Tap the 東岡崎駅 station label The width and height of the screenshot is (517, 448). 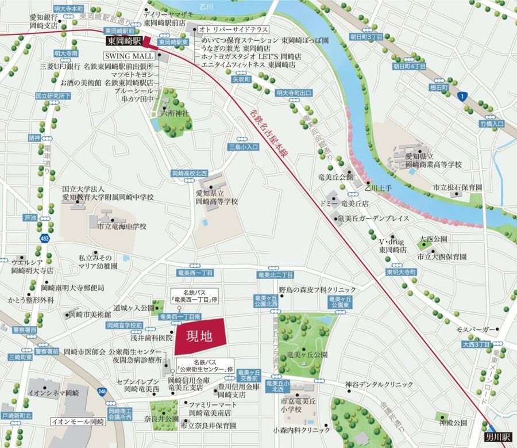pos(123,41)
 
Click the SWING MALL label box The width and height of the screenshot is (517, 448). pos(129,56)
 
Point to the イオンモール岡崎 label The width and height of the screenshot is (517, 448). pos(78,422)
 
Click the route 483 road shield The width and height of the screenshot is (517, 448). pos(44,238)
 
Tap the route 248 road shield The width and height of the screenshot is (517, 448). pos(102,392)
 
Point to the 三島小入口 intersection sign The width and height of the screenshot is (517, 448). pos(244,147)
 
